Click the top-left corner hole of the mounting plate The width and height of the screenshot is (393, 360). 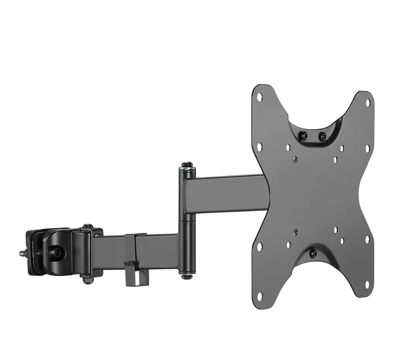[x=260, y=97]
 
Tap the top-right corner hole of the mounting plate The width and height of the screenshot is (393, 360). [x=368, y=103]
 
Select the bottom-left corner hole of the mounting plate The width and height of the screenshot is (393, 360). [x=260, y=295]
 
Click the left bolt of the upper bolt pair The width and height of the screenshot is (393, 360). [x=304, y=136]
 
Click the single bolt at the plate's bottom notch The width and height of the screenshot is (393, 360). [x=313, y=253]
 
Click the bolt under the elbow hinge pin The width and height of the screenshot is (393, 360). [x=186, y=277]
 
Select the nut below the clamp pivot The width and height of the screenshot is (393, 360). [x=87, y=280]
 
